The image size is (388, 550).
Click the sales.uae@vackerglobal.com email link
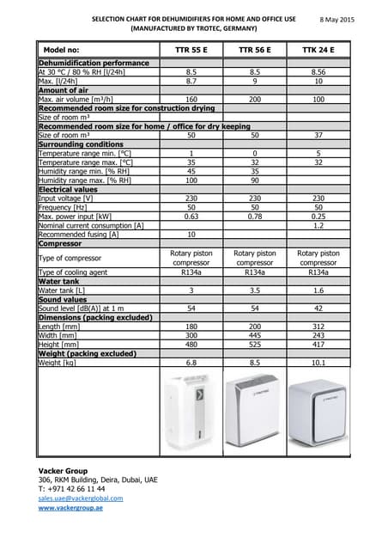(x=81, y=498)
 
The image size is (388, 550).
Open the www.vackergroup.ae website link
(x=70, y=508)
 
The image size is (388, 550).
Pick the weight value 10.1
(x=318, y=363)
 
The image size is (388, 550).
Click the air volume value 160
(x=191, y=101)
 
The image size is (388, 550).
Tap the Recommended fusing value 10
(x=191, y=234)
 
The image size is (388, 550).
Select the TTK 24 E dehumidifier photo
(x=318, y=412)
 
